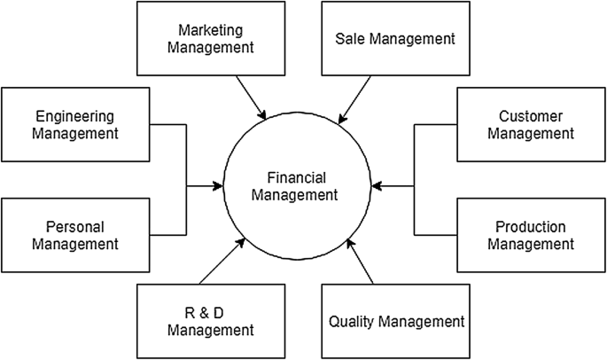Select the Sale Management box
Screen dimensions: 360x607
tap(395, 39)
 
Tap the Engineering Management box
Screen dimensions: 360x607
tap(76, 125)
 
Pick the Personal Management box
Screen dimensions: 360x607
tap(76, 234)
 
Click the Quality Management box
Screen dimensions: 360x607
tap(395, 321)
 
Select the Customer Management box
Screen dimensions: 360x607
tap(531, 125)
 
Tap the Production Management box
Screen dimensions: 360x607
tap(531, 234)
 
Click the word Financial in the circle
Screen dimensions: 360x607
tap(294, 177)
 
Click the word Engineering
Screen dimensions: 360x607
tap(76, 116)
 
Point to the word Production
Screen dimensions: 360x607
tap(531, 226)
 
